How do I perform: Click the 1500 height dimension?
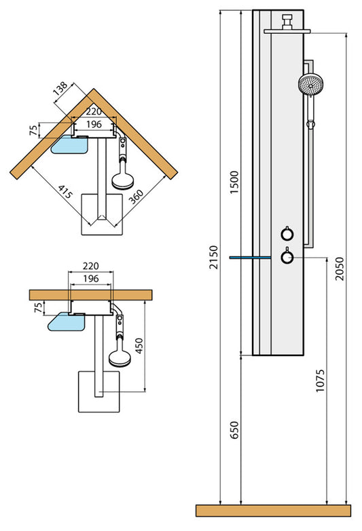click(235, 182)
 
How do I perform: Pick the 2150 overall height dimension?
click(215, 257)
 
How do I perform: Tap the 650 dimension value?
click(235, 429)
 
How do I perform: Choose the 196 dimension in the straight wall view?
click(91, 279)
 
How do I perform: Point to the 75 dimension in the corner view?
click(33, 130)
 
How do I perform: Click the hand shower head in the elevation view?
click(310, 85)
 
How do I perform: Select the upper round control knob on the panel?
click(287, 234)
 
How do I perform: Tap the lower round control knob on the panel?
click(287, 257)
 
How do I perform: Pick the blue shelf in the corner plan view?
click(69, 144)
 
